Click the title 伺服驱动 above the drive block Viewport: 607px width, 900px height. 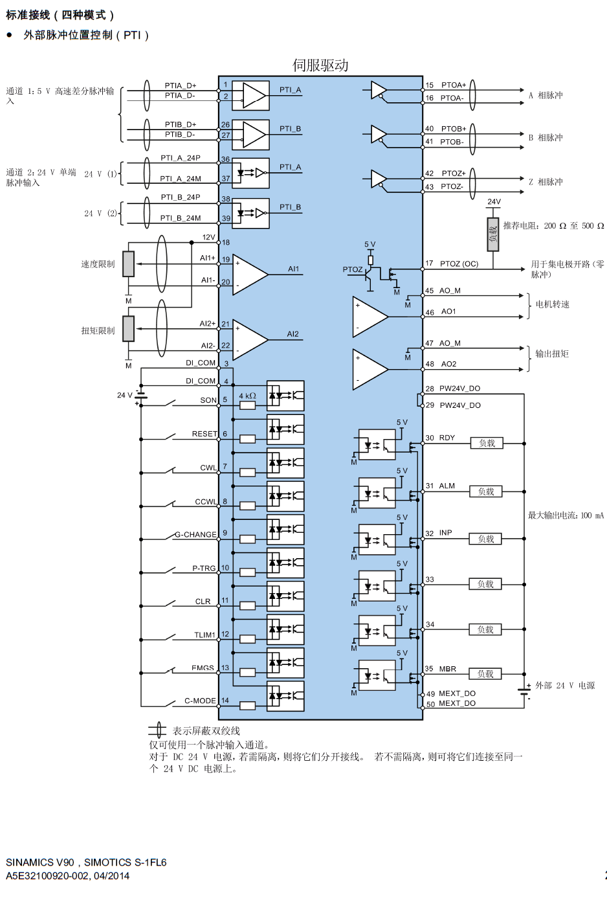[320, 65]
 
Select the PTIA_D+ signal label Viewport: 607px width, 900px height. [180, 85]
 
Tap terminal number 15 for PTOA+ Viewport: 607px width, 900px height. [430, 85]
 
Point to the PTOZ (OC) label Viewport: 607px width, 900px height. [459, 264]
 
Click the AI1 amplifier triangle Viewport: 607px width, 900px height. [250, 274]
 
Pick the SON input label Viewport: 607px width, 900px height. [208, 400]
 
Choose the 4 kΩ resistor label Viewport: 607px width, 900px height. [248, 396]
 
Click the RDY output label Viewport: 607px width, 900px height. [447, 438]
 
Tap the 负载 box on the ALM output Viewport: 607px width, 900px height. [486, 491]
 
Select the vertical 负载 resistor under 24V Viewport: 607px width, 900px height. [493, 234]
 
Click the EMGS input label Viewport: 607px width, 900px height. [203, 668]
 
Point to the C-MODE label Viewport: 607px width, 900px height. [200, 701]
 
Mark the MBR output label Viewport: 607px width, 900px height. [448, 669]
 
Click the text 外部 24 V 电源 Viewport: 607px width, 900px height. [565, 686]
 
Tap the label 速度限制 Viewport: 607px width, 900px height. [98, 264]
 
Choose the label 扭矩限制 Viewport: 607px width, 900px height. [98, 331]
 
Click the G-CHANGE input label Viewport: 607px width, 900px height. [195, 535]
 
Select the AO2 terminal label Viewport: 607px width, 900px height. [449, 364]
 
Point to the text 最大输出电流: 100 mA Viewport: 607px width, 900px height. [566, 515]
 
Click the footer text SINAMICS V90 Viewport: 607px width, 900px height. [40, 862]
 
